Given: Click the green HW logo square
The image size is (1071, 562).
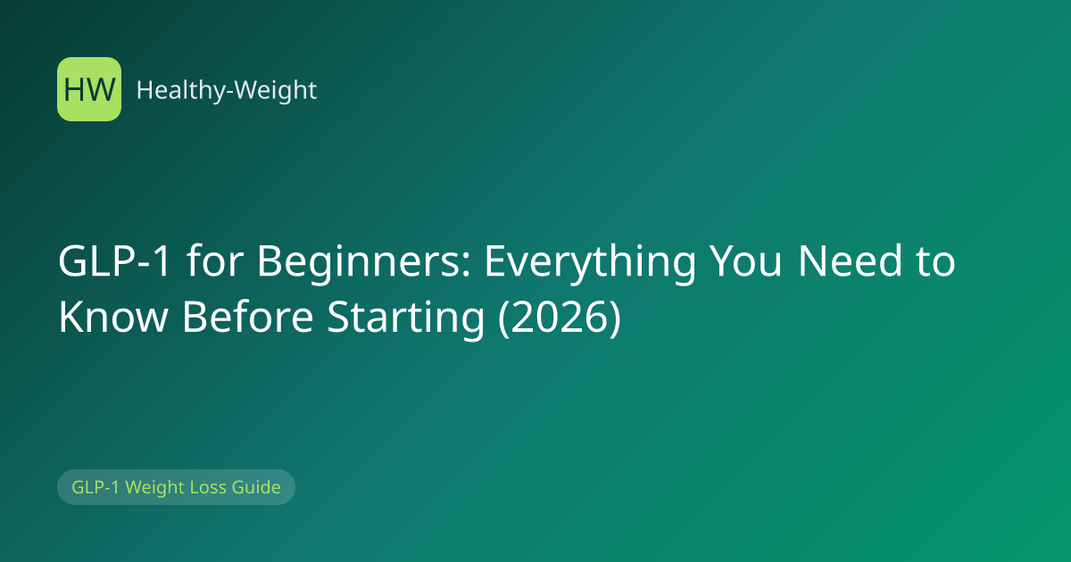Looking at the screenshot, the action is tap(89, 89).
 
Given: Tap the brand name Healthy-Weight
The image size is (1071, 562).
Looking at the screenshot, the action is tap(227, 90).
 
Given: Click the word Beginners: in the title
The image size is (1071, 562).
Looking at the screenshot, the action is tap(365, 262).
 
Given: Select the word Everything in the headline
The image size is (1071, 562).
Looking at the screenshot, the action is tap(591, 262).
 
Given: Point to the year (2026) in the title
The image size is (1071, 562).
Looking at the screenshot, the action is tap(560, 317).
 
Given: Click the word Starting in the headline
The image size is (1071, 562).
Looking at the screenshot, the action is tap(406, 318).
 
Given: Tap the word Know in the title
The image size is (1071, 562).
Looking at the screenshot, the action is tap(113, 317).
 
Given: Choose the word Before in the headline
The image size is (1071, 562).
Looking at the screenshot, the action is tap(248, 317).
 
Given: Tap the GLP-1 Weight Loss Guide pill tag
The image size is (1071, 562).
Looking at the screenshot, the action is tap(176, 487).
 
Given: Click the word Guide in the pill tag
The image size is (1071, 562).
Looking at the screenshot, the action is tap(256, 487).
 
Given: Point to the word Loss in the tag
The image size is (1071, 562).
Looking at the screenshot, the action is tap(209, 487).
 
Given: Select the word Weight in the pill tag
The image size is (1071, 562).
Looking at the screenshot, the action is tap(155, 488).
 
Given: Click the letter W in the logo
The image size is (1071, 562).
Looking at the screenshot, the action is tap(102, 90).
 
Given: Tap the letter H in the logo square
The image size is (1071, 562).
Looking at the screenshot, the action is tap(74, 90).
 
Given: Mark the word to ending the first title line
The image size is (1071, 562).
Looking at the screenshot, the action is tap(935, 262).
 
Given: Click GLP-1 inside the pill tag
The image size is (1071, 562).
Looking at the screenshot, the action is tap(95, 487).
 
